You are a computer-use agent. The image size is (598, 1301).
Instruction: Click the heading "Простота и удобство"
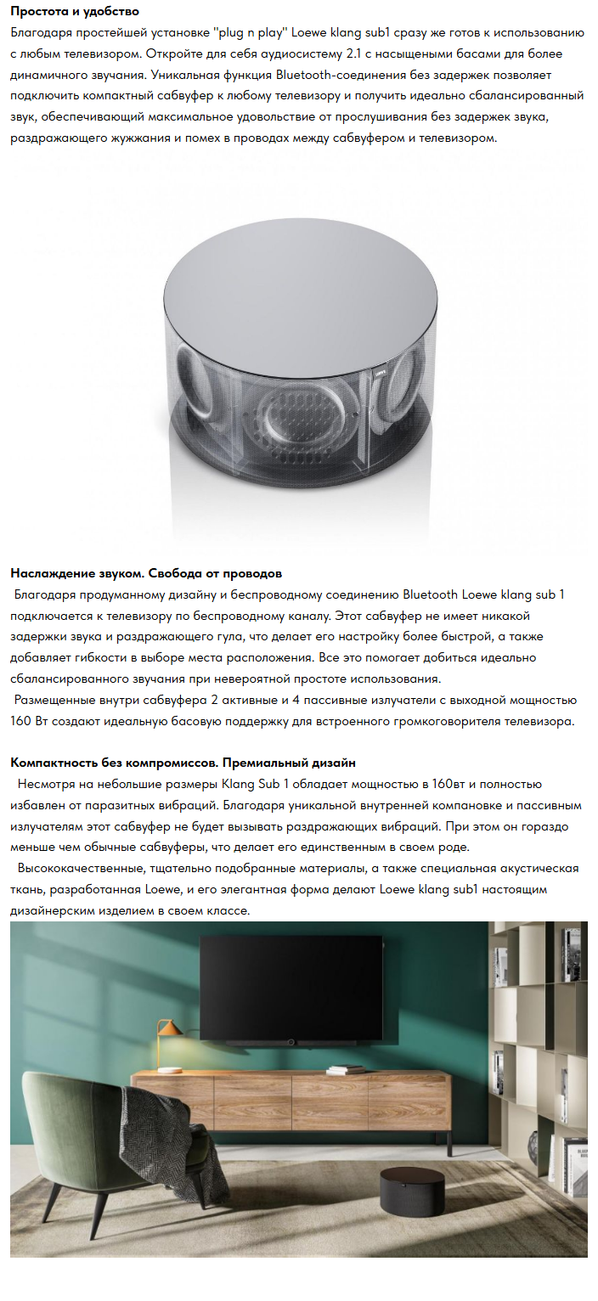tap(75, 12)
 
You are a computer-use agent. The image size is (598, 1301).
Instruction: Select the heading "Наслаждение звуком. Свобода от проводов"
tap(145, 574)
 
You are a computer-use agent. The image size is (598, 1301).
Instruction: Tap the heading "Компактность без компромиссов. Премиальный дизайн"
tap(183, 763)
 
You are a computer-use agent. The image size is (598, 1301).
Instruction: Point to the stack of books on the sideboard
tap(346, 1071)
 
